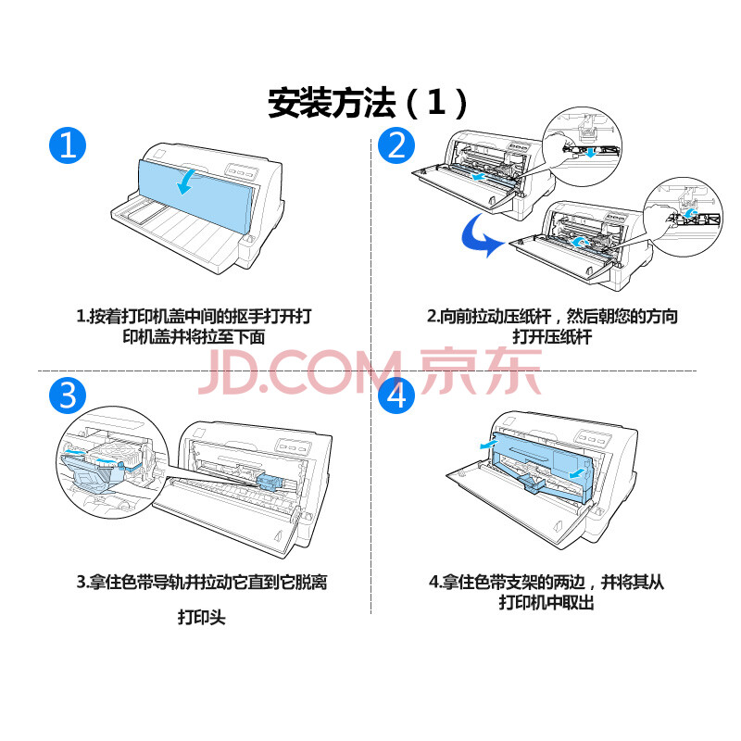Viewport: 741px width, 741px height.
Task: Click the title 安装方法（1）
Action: (368, 103)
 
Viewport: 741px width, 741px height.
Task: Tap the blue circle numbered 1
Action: (68, 145)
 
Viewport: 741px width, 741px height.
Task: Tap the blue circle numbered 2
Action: (396, 145)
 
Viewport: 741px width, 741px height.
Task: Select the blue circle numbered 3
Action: (68, 396)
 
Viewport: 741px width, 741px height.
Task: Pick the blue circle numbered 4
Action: (396, 396)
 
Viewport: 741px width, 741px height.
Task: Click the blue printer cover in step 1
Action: (196, 195)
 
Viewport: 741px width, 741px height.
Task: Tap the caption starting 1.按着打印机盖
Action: (195, 326)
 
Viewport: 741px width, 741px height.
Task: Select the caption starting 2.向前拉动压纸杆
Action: (552, 326)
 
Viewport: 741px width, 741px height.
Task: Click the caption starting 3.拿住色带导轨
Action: (202, 582)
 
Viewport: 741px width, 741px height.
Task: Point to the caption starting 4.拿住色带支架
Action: (546, 592)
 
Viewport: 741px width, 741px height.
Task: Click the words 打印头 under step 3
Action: (202, 617)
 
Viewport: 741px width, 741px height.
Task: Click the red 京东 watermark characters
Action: (480, 371)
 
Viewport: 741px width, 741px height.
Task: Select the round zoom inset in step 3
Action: (112, 462)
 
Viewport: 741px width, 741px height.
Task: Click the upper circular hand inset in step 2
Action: (583, 146)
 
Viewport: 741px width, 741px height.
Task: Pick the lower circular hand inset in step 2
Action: (683, 217)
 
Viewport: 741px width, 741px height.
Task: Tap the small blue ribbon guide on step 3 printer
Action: (270, 483)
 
